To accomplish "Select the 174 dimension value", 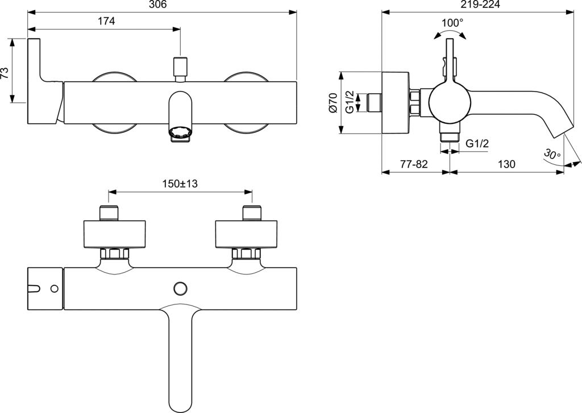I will tap(106, 21).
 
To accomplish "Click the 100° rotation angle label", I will tap(452, 22).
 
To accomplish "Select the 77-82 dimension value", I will tap(413, 164).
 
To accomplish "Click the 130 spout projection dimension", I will tap(506, 164).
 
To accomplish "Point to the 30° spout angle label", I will tap(551, 154).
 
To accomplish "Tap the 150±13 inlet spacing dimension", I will tap(180, 183).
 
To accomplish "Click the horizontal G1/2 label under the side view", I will tap(477, 144).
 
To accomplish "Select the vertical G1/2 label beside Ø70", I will tap(351, 102).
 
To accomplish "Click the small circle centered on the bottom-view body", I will tap(180, 287).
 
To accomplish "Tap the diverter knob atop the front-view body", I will tap(180, 69).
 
